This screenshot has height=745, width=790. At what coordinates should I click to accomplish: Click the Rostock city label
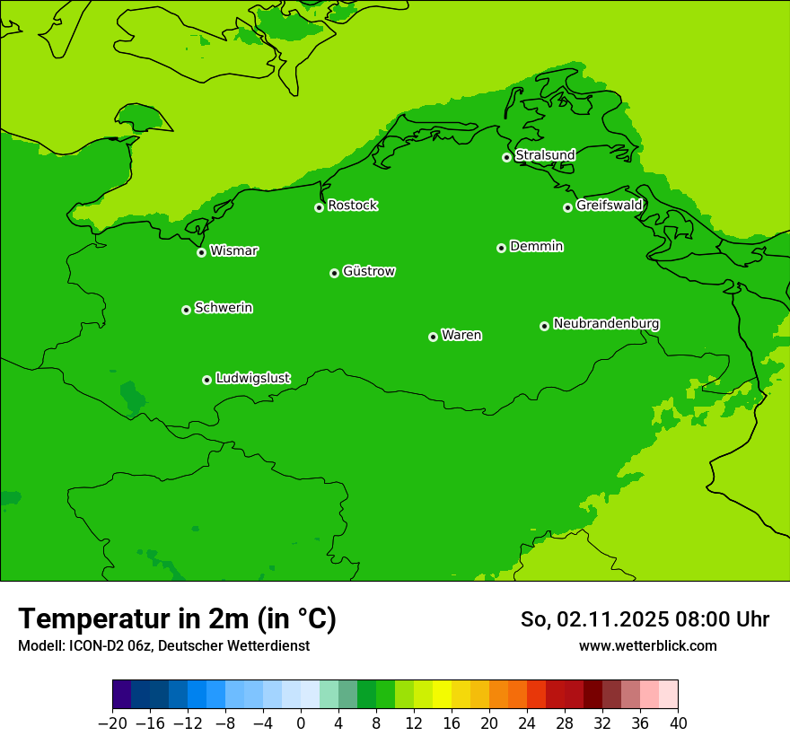(x=352, y=206)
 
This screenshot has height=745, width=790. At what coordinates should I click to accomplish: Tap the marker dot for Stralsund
(x=506, y=157)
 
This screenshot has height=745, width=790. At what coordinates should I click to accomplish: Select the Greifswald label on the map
(x=609, y=206)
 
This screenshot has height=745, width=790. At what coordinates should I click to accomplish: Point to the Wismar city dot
(x=201, y=252)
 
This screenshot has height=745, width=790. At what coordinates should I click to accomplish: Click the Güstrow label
(x=369, y=271)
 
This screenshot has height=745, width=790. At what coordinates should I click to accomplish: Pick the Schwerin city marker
(x=186, y=310)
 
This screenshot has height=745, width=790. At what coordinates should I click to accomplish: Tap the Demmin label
(x=536, y=246)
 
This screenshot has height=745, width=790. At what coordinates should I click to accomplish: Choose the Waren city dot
(x=433, y=337)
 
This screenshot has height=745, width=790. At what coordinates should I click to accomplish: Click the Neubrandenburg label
(x=606, y=323)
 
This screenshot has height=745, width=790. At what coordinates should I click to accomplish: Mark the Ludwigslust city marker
(x=206, y=380)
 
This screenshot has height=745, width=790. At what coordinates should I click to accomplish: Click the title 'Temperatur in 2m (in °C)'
(x=177, y=618)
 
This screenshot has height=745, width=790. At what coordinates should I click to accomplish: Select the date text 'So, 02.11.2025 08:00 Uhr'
(x=645, y=619)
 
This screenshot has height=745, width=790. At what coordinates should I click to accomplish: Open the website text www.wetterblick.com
(x=647, y=645)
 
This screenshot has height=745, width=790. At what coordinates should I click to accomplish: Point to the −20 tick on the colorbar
(x=112, y=723)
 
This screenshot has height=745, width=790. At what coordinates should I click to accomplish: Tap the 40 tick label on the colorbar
(x=678, y=723)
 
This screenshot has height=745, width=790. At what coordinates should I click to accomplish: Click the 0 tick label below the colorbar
(x=301, y=723)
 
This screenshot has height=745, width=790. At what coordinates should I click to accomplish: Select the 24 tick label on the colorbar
(x=527, y=723)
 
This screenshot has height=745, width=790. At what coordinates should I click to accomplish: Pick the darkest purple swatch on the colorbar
(x=122, y=695)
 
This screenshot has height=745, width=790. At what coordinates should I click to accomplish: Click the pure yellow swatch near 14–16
(x=442, y=695)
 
